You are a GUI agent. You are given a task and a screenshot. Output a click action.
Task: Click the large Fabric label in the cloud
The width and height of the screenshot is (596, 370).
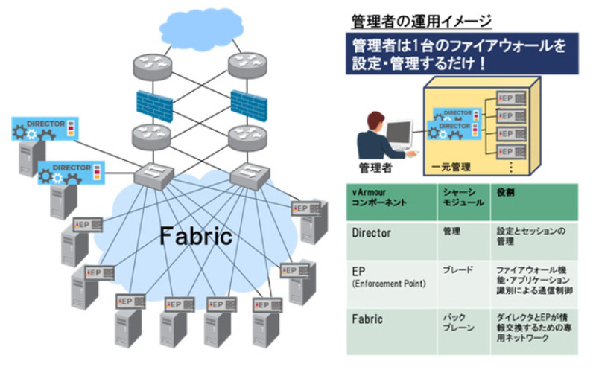[195, 237]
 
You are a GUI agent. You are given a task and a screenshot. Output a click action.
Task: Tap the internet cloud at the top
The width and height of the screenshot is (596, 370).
[201, 28]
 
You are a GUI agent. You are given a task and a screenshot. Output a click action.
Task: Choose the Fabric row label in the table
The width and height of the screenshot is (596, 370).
[367, 319]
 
